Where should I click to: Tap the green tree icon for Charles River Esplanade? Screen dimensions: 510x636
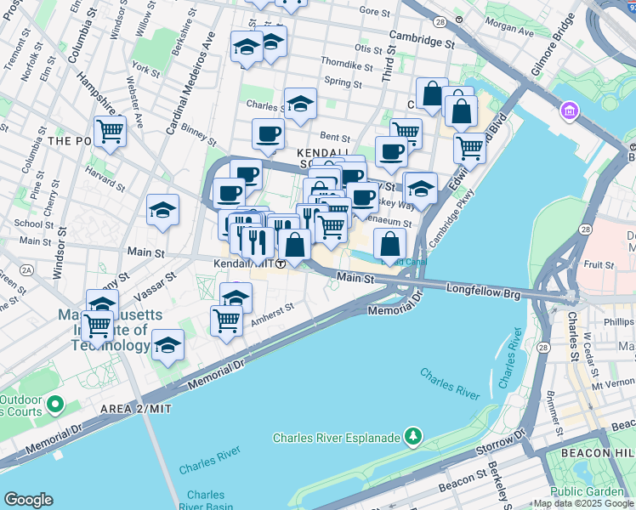tap(413, 437)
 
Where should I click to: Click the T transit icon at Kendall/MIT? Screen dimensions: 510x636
tap(279, 264)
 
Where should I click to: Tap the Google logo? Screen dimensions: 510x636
tap(28, 500)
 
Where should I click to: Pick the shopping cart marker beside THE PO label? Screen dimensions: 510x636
tap(110, 132)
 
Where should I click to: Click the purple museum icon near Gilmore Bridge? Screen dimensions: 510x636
tap(569, 110)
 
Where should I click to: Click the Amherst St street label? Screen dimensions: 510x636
tap(272, 315)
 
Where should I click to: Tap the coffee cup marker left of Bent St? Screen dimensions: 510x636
tap(268, 134)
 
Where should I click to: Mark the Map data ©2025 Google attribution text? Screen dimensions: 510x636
tap(583, 503)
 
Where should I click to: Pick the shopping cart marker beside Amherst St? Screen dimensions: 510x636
tap(225, 320)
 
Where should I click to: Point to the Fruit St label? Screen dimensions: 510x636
tap(599, 265)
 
